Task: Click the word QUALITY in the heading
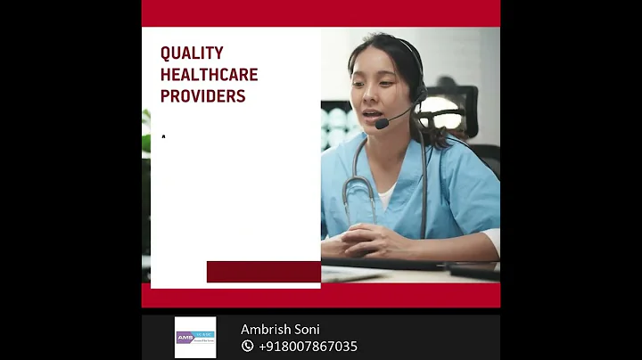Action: (x=192, y=53)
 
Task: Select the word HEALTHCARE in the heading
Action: (x=210, y=75)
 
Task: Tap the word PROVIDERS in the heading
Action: (x=202, y=96)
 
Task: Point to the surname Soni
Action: (x=308, y=330)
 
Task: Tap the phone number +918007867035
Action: (x=308, y=346)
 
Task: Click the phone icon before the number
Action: (x=247, y=346)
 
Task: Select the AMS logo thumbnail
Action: (x=195, y=338)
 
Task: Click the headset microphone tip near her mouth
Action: (x=380, y=124)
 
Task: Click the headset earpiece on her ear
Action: (x=417, y=91)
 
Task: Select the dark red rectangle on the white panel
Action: (x=263, y=272)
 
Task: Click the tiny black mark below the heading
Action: (x=163, y=136)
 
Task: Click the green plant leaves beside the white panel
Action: (x=146, y=134)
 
